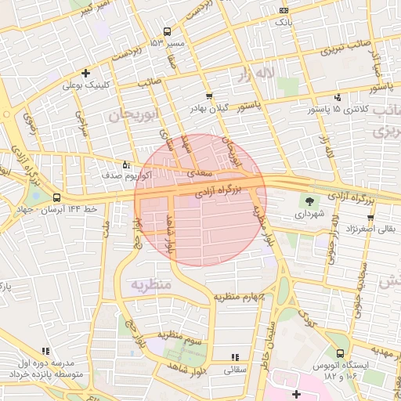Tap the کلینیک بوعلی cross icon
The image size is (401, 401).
(85, 73)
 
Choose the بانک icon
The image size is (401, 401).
(284, 10)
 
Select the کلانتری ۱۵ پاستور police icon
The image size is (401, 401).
(338, 97)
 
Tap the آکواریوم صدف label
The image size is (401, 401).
(104, 177)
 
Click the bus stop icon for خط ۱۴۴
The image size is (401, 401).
(56, 199)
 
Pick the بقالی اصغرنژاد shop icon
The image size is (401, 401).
(370, 218)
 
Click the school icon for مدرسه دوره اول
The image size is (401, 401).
(45, 352)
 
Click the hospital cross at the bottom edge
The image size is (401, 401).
(295, 393)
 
